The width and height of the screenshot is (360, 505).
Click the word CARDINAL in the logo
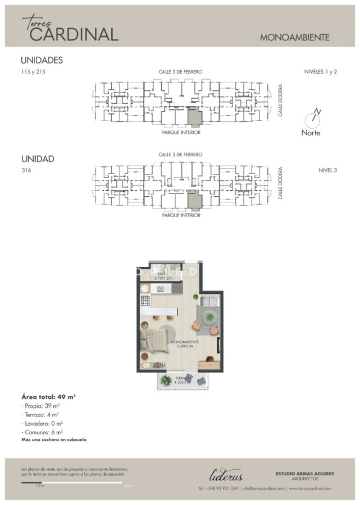[x=74, y=35]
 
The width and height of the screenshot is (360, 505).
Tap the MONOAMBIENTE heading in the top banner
[x=294, y=38]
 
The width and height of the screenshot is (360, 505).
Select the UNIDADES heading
[x=42, y=61]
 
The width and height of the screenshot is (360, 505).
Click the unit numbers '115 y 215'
[x=33, y=72]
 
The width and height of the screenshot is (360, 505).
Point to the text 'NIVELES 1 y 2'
[x=320, y=72]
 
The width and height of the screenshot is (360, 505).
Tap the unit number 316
[x=26, y=171]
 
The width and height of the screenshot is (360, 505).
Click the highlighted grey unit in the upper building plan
[x=194, y=117]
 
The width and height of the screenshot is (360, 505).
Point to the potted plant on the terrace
[x=166, y=381]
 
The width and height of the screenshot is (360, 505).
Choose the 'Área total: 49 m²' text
[x=48, y=396]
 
